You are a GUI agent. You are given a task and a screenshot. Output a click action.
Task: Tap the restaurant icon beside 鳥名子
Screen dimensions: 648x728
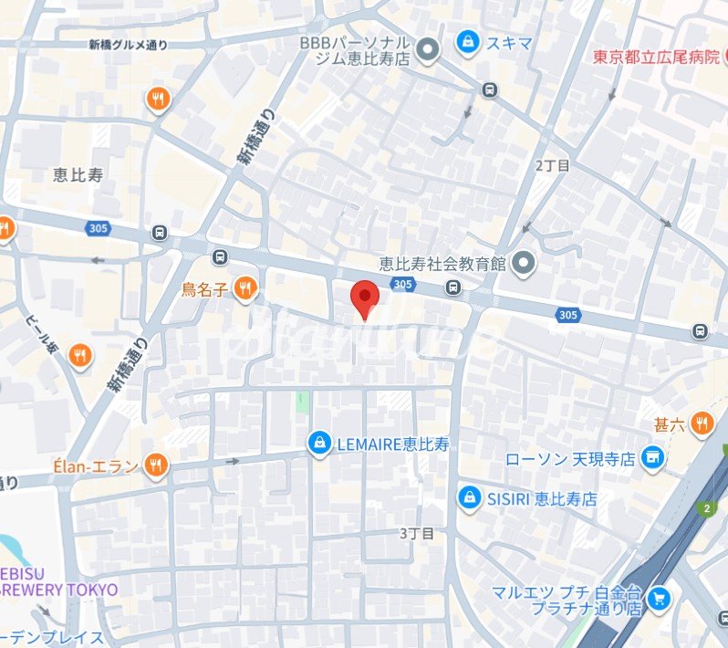[244, 289]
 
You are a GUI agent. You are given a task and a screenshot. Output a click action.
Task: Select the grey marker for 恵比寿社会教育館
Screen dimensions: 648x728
[523, 265]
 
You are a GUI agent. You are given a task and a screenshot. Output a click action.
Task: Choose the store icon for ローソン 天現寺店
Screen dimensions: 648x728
[651, 457]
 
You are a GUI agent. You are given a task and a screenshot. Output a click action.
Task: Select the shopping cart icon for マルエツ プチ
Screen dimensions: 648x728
[659, 599]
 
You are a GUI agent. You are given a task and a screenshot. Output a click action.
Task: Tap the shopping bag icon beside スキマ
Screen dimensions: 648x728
[468, 42]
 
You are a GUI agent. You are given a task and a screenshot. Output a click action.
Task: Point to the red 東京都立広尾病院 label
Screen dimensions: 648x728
[656, 57]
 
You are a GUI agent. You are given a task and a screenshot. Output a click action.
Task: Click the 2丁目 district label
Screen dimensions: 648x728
[552, 165]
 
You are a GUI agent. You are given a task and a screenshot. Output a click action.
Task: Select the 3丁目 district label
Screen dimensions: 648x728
[416, 532]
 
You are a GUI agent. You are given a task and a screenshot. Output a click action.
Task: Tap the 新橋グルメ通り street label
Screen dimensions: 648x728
[129, 45]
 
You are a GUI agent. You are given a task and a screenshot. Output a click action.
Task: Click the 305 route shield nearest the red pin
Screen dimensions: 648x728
[401, 286]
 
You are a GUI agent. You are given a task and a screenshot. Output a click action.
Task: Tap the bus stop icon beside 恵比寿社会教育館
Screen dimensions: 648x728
[453, 288]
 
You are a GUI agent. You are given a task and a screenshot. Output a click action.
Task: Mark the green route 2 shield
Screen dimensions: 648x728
[706, 507]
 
